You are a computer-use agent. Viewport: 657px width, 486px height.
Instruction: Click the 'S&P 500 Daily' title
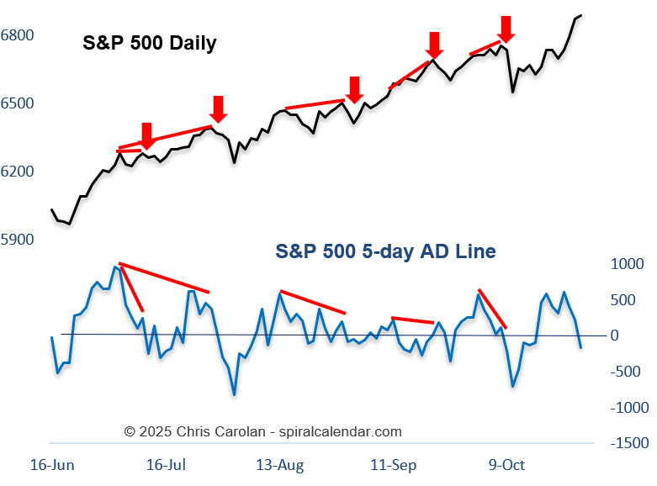[x=149, y=43]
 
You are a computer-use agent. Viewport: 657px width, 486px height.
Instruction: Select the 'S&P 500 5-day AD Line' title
[x=385, y=251]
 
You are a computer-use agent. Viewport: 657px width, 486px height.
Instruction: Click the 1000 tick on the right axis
[x=626, y=264]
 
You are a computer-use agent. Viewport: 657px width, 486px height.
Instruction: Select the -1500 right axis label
[x=629, y=443]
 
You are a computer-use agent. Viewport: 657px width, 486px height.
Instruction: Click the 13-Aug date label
[x=279, y=465]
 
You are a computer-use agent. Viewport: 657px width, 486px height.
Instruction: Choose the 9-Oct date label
[x=506, y=465]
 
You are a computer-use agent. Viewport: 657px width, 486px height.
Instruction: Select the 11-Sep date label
[x=394, y=465]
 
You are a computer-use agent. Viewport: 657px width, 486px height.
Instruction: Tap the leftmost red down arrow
[x=146, y=135]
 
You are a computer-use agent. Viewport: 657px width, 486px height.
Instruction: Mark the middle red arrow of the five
[x=354, y=88]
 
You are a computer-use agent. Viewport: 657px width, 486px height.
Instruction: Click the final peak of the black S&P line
[x=581, y=15]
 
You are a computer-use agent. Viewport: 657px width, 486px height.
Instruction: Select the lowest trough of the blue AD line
[x=234, y=394]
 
